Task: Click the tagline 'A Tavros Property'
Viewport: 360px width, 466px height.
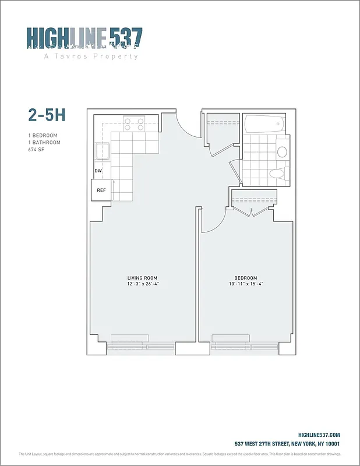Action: coord(91,57)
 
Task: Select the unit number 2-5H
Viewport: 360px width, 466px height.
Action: coord(47,115)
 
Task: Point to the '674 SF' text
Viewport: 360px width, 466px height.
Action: coord(36,150)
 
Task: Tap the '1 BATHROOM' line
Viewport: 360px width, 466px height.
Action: coord(44,143)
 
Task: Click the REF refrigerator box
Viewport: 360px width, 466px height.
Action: coord(101,190)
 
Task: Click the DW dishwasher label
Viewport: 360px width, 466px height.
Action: coord(98,171)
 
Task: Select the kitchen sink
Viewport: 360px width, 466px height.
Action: coord(103,152)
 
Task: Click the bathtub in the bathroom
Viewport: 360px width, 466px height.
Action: coord(264,123)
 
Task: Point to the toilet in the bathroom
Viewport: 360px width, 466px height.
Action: coord(276,174)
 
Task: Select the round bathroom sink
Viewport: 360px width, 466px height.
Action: coord(282,152)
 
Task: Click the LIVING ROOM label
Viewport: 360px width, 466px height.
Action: coord(143,277)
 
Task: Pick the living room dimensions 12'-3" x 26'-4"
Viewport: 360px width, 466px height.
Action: coord(143,284)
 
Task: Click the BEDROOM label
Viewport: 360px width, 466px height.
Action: coord(245,277)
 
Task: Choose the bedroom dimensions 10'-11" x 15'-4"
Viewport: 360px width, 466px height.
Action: coord(245,284)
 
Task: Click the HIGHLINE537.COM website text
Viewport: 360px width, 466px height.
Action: coord(319,435)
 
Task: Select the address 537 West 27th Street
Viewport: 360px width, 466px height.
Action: coord(287,444)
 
